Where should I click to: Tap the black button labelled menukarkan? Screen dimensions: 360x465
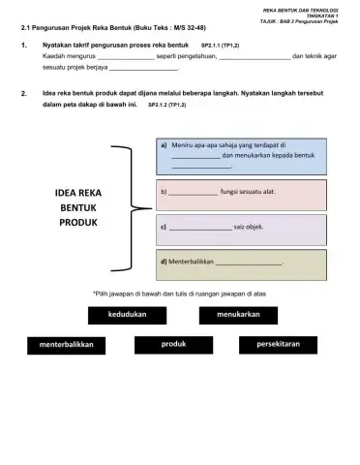(238, 315)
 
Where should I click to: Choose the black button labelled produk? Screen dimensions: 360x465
(174, 344)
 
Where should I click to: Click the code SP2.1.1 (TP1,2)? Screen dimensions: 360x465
(220, 46)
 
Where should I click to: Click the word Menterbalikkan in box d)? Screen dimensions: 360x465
(190, 262)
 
